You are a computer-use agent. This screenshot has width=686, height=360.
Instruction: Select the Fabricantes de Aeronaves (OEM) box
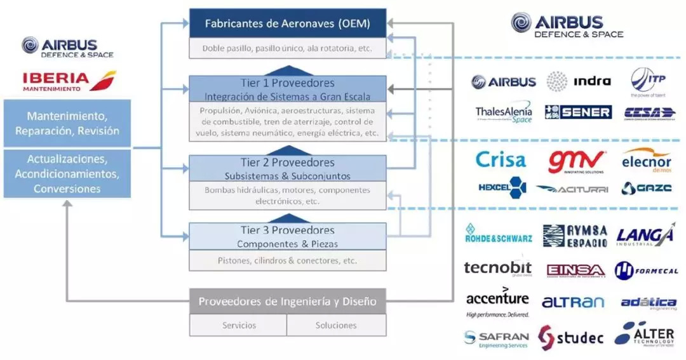(287, 24)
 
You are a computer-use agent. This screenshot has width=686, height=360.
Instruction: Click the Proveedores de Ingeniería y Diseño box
(287, 302)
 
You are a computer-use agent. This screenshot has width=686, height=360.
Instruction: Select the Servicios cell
(239, 325)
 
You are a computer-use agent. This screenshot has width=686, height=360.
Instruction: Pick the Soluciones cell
(336, 325)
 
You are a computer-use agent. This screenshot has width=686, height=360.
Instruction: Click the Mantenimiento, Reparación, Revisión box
(67, 124)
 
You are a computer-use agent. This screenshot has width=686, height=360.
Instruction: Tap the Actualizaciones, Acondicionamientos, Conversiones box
(67, 173)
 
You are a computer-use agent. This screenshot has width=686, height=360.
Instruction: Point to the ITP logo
(647, 83)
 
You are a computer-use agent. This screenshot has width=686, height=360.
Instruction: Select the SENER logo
(578, 112)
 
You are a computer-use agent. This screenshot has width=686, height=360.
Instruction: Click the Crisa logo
(501, 159)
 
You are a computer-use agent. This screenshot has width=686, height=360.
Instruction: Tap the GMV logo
(577, 162)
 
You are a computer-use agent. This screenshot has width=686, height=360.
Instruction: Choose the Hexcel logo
(502, 187)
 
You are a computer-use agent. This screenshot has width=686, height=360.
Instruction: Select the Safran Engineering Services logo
(496, 339)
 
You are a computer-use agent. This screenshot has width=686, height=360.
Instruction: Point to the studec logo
(571, 338)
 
